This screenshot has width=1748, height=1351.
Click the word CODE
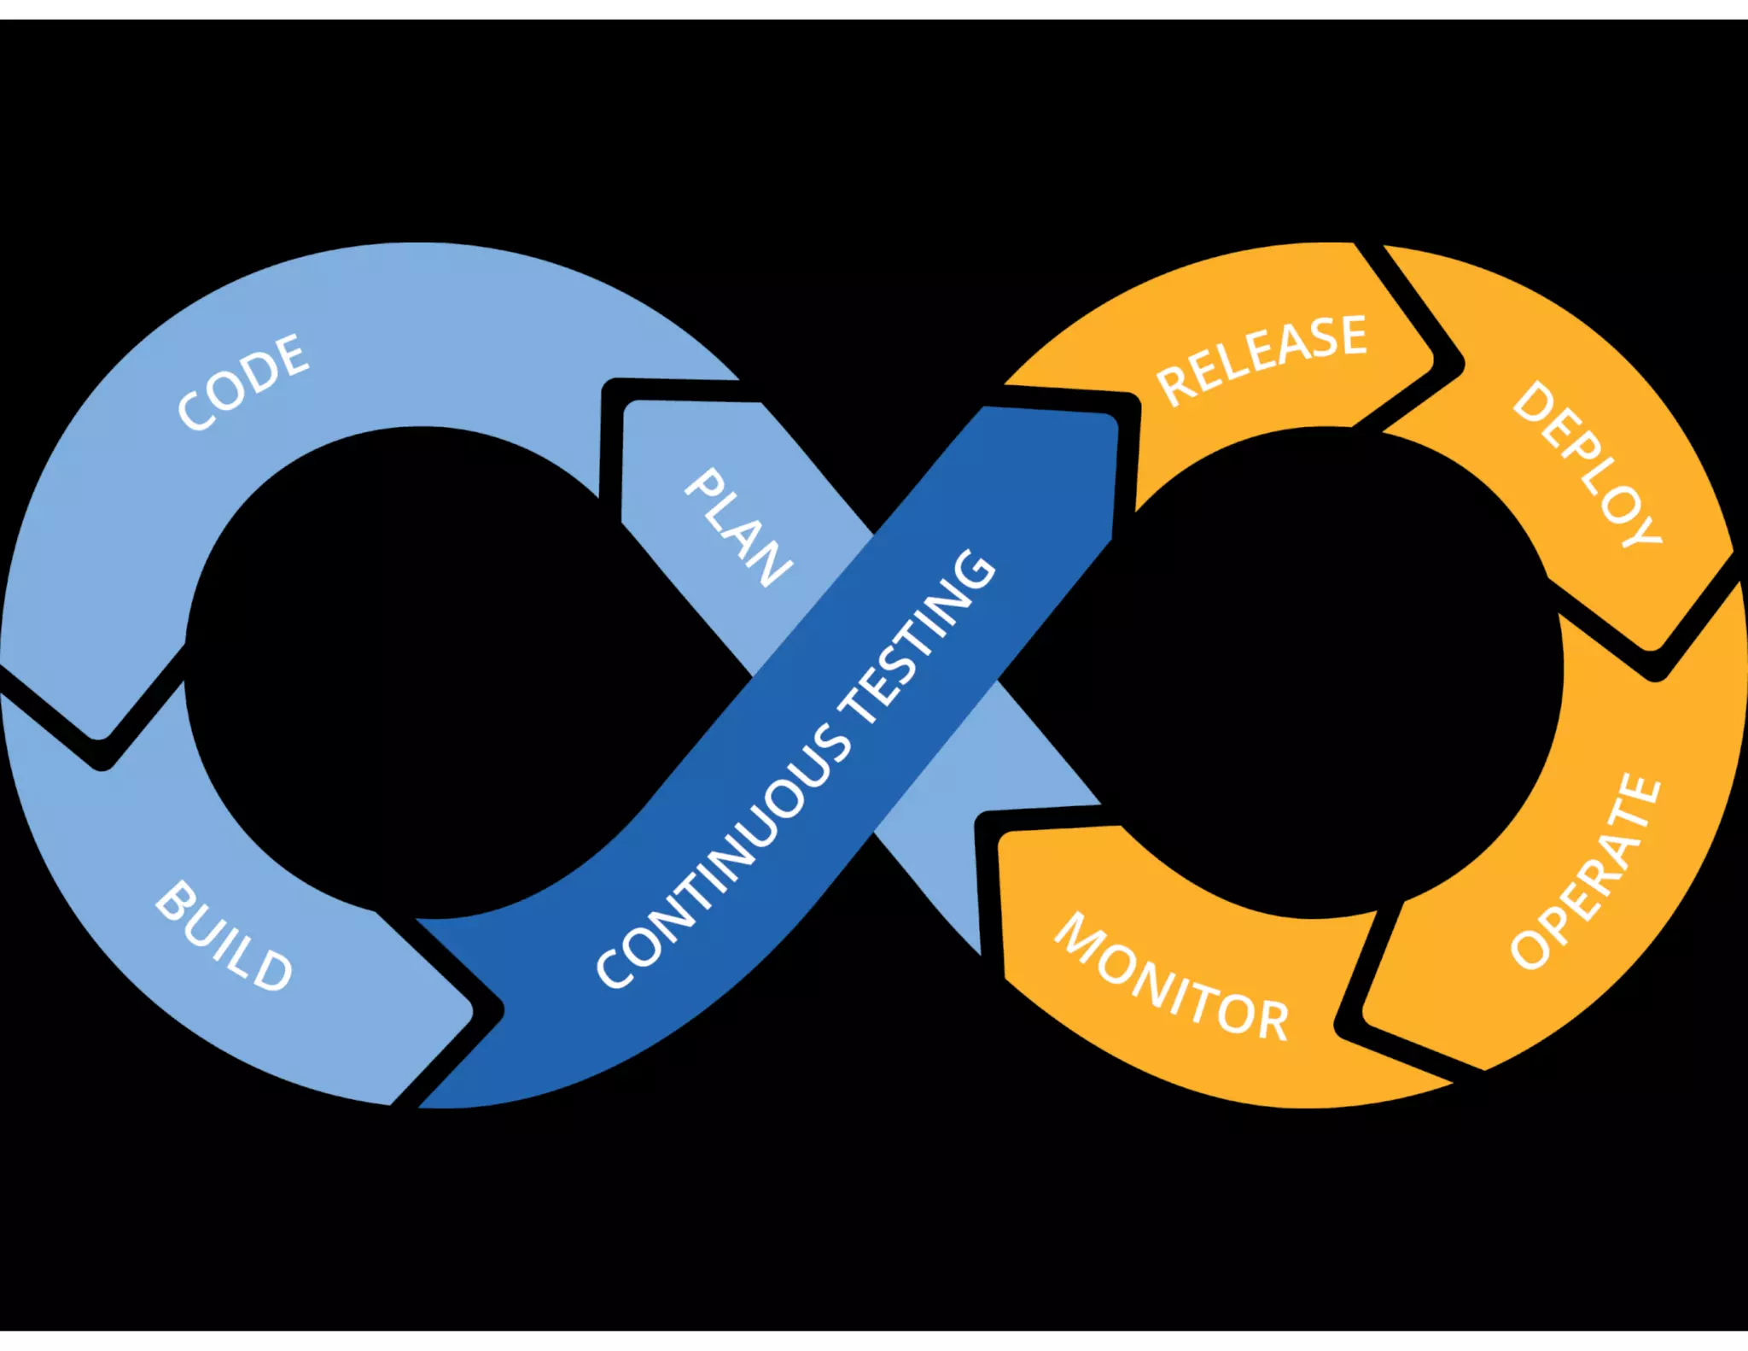[x=243, y=382]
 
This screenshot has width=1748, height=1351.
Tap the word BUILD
[x=224, y=938]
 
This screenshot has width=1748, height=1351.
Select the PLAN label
[x=739, y=528]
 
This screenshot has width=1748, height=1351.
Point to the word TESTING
[x=918, y=636]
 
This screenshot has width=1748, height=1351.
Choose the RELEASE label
[x=1261, y=359]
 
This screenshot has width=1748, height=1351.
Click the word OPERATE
[x=1586, y=872]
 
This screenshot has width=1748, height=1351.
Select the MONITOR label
[x=1172, y=978]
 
